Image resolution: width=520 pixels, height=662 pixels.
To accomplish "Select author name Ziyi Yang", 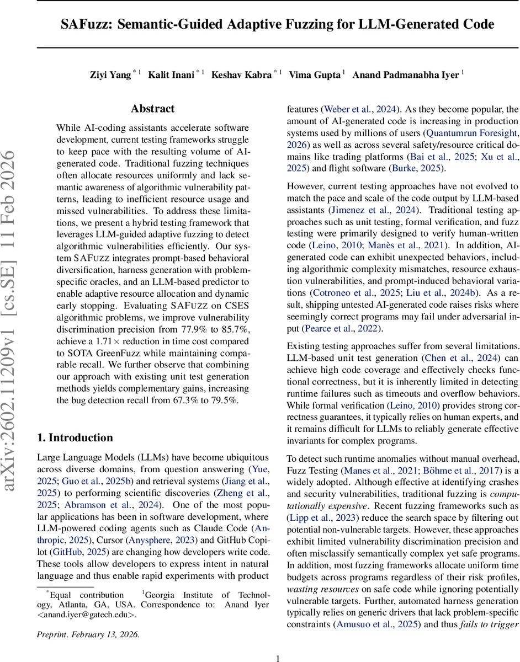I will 110,74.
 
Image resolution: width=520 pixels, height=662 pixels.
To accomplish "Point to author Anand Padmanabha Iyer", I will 406,74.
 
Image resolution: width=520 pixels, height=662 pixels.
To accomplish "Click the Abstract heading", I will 152,109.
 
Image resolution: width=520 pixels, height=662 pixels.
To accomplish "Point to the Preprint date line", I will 88,634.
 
